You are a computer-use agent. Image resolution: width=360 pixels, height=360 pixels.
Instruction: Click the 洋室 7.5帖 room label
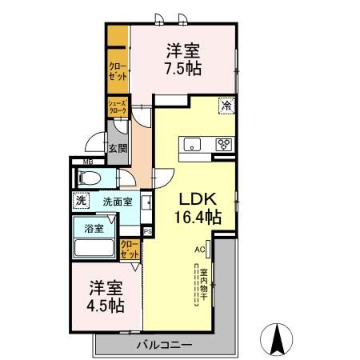click(183, 58)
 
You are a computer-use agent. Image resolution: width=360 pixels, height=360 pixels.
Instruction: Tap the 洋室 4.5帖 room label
click(106, 296)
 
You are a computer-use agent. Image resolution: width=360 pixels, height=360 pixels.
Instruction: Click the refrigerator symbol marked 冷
click(226, 104)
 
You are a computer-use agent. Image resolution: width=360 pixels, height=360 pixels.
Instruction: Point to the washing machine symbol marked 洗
click(80, 202)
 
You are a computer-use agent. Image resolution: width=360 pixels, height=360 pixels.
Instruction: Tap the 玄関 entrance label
click(118, 147)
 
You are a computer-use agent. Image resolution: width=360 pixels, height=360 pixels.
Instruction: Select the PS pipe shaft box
click(147, 231)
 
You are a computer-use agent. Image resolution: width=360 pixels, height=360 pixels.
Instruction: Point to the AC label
click(199, 249)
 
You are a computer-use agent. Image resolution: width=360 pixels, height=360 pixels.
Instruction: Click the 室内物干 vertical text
click(204, 284)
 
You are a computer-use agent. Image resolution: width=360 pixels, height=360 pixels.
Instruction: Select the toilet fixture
click(89, 178)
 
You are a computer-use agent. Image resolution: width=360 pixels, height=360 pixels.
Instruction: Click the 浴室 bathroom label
click(94, 228)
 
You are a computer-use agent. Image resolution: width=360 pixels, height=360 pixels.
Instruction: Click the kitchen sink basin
click(192, 144)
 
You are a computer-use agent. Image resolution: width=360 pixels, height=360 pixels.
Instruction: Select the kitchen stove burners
click(225, 144)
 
